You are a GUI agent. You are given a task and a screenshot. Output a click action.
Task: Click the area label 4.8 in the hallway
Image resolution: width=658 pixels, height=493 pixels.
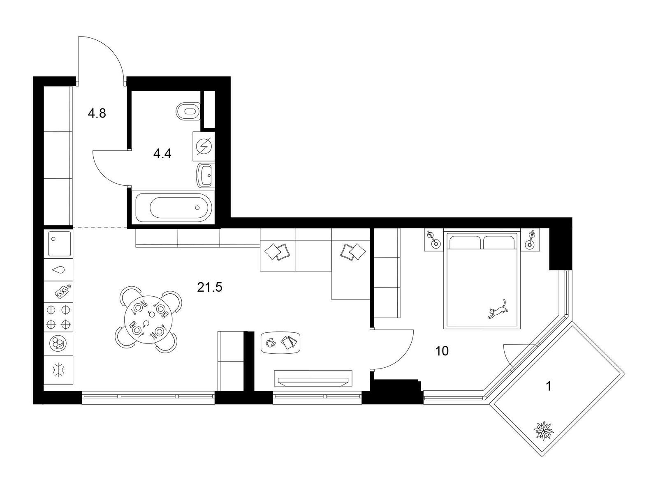point(97,113)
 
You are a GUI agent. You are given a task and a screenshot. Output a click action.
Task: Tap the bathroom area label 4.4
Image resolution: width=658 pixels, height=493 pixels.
point(162,154)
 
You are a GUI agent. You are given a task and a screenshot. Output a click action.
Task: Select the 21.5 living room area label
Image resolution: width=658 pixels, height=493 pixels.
point(210,287)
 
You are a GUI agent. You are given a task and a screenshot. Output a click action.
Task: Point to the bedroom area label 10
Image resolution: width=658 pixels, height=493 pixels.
point(442,351)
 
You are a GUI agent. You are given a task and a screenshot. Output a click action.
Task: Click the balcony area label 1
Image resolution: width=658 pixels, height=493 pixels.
point(549,387)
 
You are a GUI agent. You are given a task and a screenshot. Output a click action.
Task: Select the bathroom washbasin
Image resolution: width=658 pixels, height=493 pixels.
point(205,175)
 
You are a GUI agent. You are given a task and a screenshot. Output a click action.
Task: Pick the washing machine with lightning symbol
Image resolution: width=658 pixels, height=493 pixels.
point(204,146)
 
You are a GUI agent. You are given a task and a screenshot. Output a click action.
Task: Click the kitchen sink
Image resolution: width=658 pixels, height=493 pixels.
point(59,244)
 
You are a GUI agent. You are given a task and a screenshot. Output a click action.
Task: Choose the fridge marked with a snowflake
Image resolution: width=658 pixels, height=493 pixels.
point(58,370)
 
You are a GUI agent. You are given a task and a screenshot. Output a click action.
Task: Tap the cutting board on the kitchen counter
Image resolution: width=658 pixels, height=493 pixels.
point(63,291)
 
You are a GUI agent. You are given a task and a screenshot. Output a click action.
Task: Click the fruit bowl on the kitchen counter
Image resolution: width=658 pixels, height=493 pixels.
point(58,343)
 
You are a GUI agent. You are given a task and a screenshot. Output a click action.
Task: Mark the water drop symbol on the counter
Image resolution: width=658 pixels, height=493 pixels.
point(58,270)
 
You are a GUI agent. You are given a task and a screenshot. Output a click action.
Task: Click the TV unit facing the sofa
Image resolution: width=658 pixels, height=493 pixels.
point(313,378)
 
